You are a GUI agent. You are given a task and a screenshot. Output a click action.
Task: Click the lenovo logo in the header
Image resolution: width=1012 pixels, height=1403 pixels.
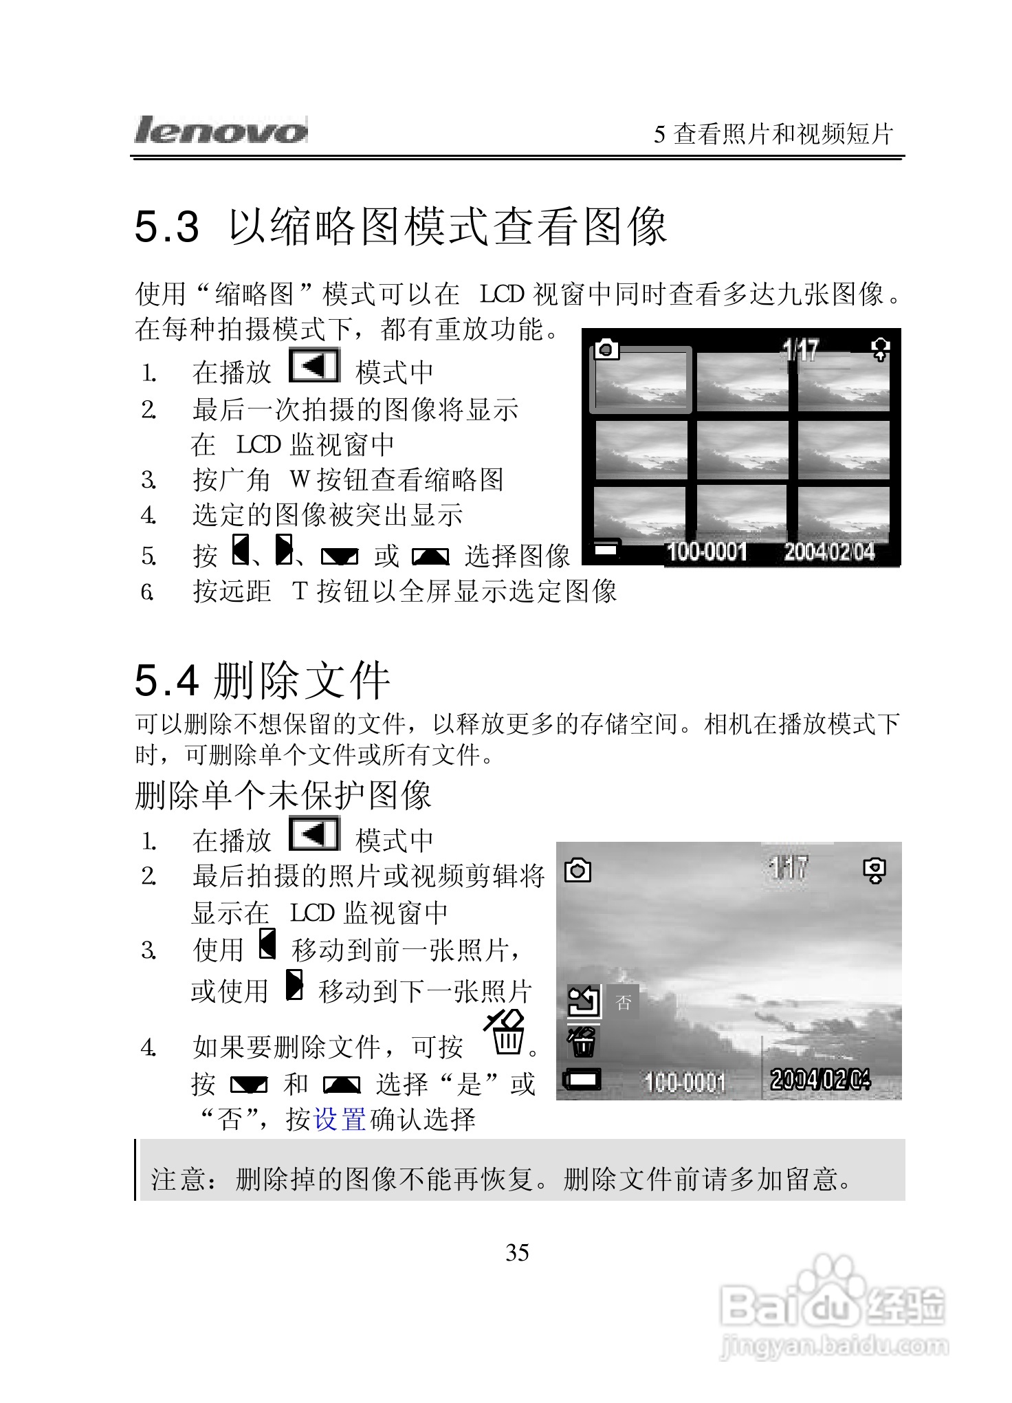click(x=220, y=130)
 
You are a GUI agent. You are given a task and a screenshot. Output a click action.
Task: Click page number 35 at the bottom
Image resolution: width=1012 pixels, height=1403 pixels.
click(x=517, y=1252)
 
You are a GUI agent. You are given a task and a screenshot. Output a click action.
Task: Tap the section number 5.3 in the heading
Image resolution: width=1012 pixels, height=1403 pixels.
click(x=167, y=227)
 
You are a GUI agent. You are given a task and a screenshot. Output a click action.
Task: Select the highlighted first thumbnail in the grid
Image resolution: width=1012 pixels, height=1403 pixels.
click(x=641, y=380)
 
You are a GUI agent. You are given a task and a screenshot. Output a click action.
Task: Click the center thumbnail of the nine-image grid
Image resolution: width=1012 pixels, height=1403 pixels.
click(x=742, y=450)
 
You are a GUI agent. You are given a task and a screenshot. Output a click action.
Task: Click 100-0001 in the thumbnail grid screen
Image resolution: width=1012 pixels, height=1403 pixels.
click(x=707, y=552)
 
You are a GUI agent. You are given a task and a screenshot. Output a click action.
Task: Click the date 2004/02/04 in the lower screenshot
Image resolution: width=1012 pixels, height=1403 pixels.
click(x=820, y=1079)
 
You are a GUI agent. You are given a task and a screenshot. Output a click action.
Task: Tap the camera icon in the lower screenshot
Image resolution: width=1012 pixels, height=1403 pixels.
click(x=577, y=871)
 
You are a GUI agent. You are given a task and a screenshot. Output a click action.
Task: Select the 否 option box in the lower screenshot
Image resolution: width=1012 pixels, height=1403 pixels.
click(x=623, y=1002)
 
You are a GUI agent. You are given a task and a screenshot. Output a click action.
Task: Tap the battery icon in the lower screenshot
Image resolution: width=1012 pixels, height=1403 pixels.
click(x=582, y=1079)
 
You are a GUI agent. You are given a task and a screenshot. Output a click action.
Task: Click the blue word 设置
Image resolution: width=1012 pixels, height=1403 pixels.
click(x=340, y=1119)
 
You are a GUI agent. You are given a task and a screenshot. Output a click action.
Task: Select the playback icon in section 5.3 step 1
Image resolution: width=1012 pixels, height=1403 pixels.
click(x=315, y=366)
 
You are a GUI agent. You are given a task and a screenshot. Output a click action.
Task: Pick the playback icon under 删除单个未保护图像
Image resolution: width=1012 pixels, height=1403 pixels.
click(x=315, y=834)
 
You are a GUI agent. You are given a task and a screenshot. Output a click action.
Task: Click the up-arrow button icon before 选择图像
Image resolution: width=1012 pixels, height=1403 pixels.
click(x=430, y=556)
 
